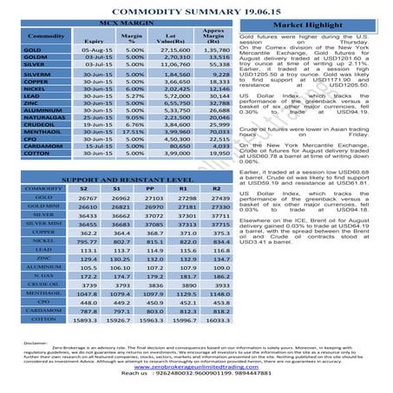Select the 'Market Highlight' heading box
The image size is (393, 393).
pos(309,26)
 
